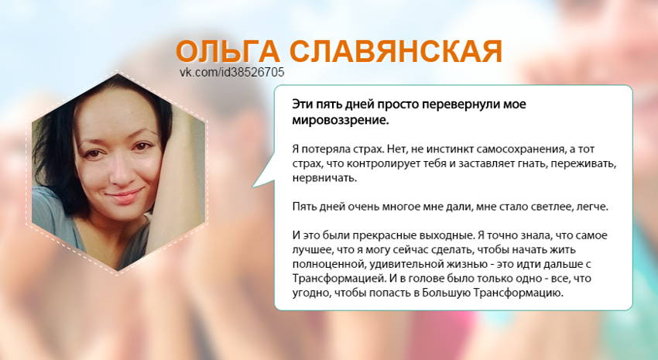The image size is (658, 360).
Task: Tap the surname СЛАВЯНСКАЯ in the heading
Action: (x=395, y=51)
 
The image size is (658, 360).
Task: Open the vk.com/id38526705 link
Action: (x=231, y=72)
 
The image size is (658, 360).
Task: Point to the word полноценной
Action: (x=326, y=263)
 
